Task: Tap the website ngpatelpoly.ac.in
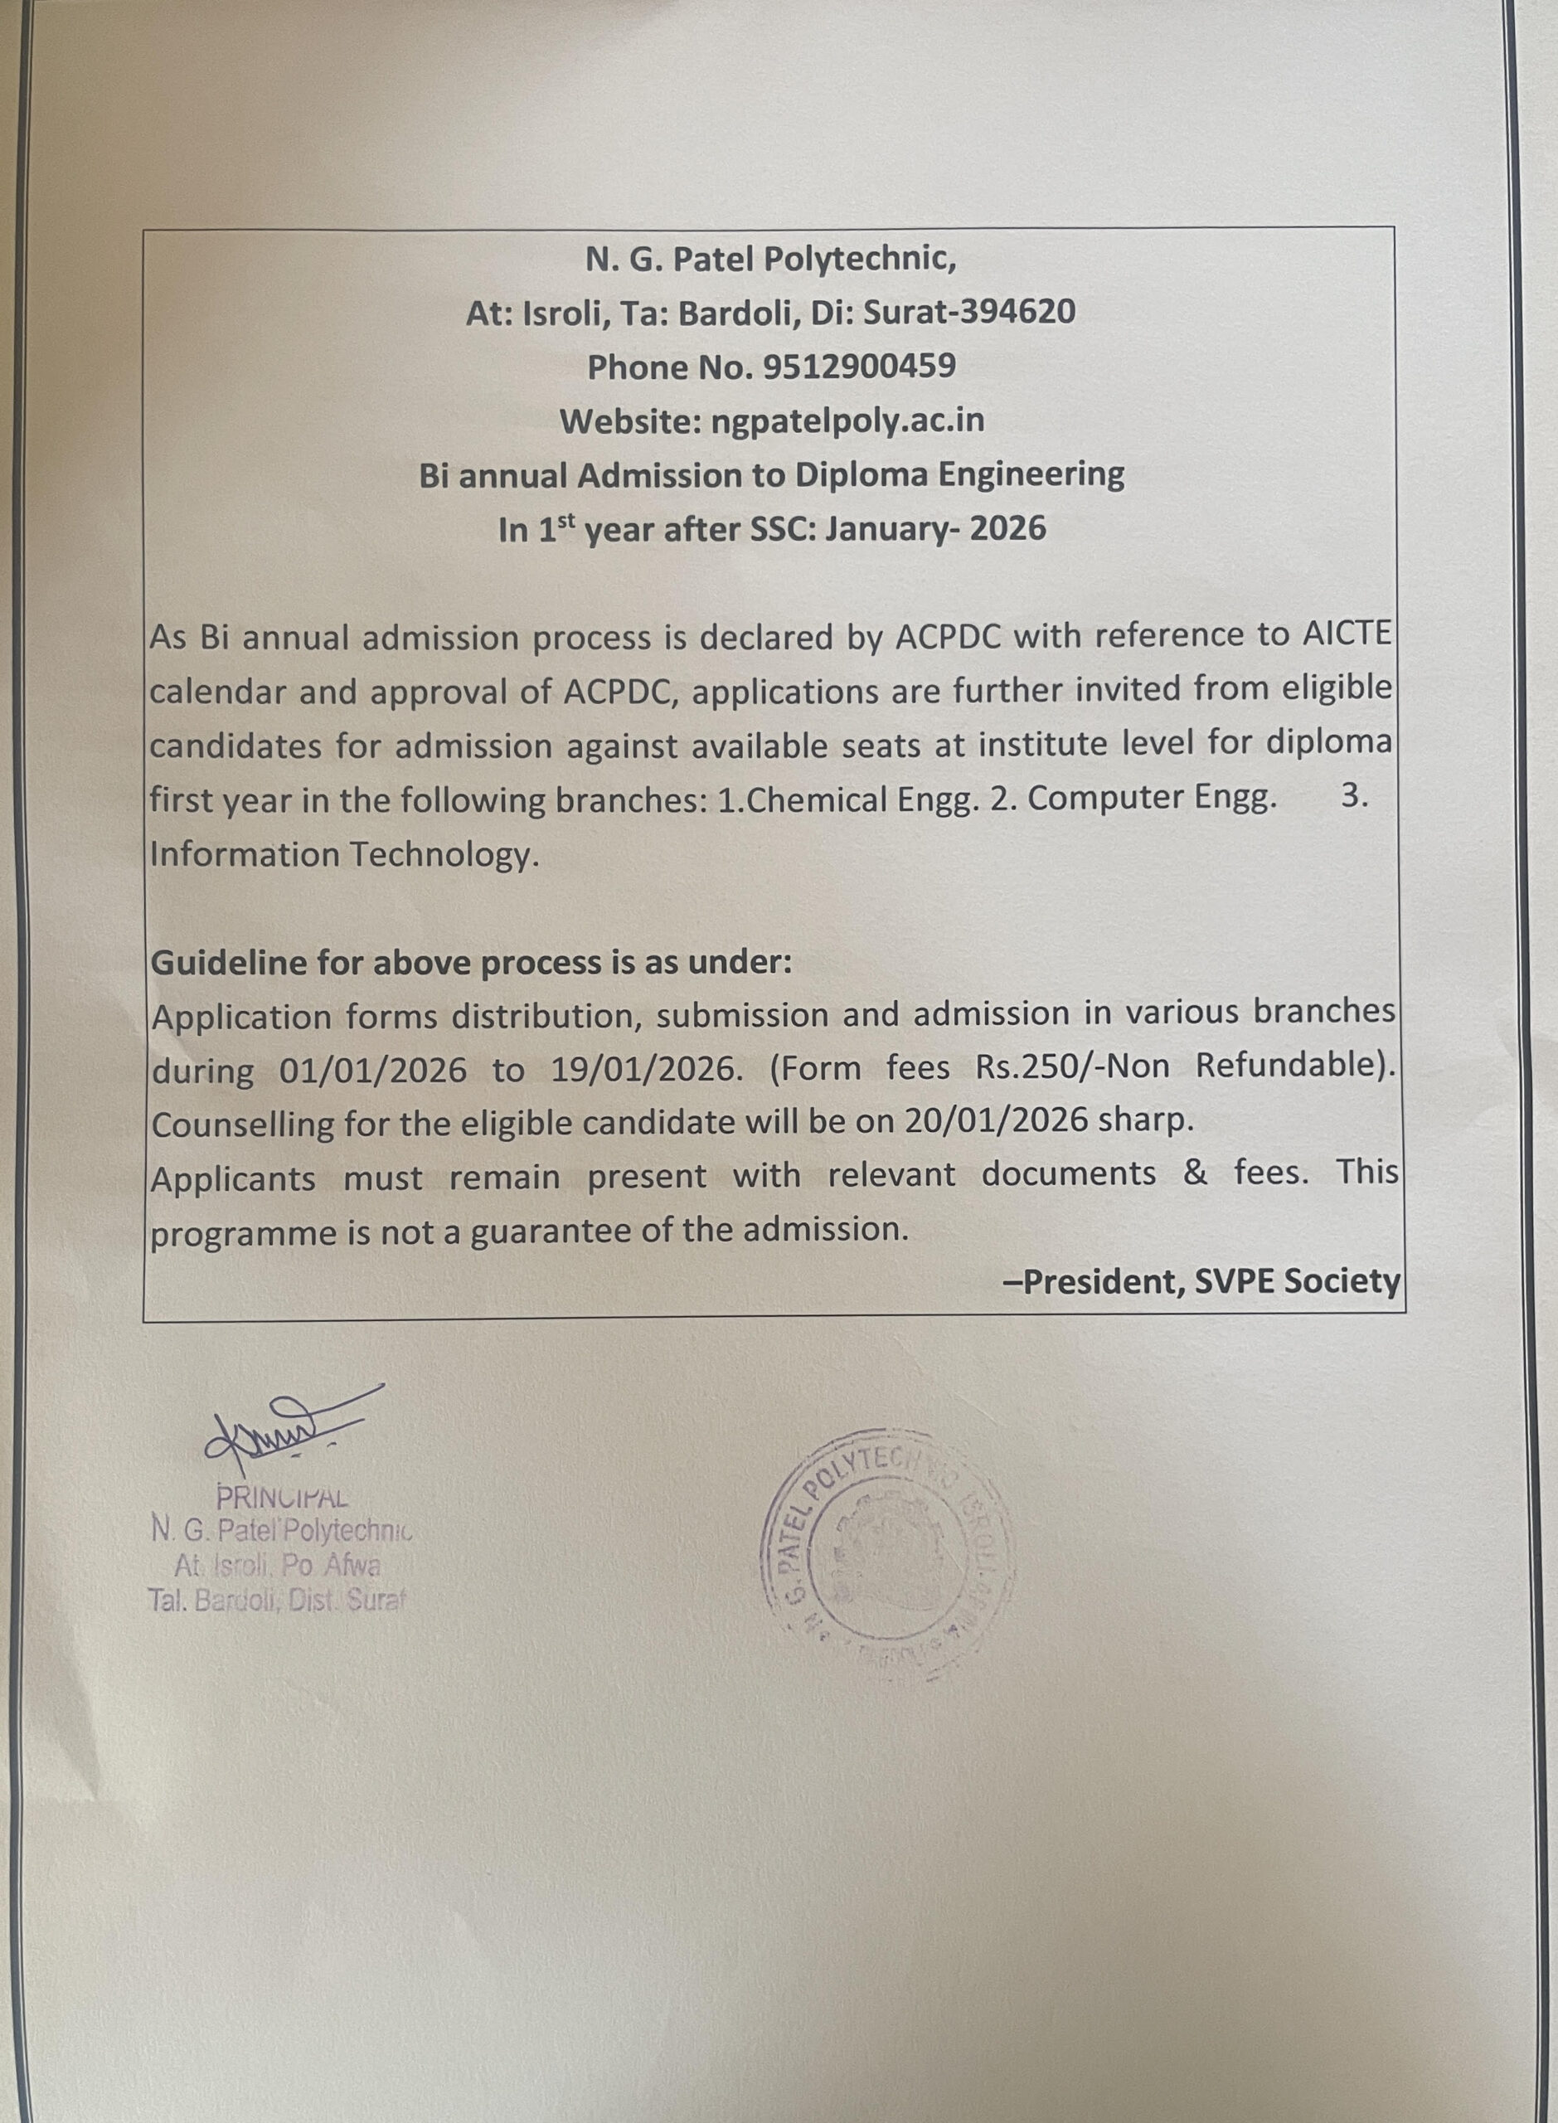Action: (847, 420)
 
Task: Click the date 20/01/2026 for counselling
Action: (997, 1122)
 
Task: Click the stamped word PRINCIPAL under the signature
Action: (282, 1497)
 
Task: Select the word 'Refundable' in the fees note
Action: (1289, 1066)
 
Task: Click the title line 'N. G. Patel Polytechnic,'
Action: (770, 259)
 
